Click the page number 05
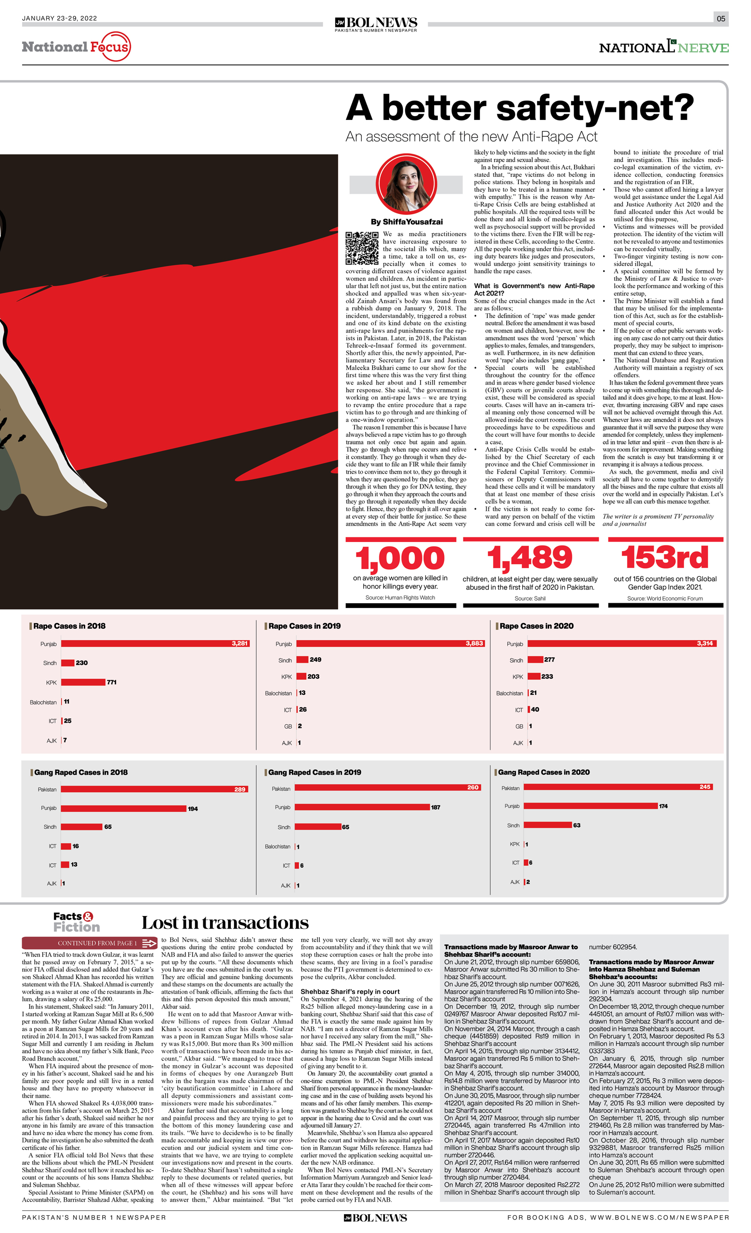[x=721, y=18]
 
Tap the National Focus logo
[x=76, y=47]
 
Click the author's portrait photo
[x=406, y=184]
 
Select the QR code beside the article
[x=362, y=248]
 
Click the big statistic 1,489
[x=530, y=558]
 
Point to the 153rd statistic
[x=664, y=557]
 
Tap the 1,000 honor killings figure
[x=400, y=558]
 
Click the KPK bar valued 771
[x=83, y=682]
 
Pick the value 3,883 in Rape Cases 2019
[x=474, y=644]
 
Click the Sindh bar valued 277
[x=535, y=660]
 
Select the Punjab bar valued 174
[x=591, y=806]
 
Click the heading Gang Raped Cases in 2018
[x=80, y=772]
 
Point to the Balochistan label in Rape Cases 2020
[x=509, y=693]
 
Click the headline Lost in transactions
[x=225, y=923]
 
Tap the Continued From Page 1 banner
[x=90, y=943]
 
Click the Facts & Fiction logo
[x=76, y=922]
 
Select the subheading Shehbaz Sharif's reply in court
[x=350, y=992]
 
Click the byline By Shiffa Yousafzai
[x=406, y=222]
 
